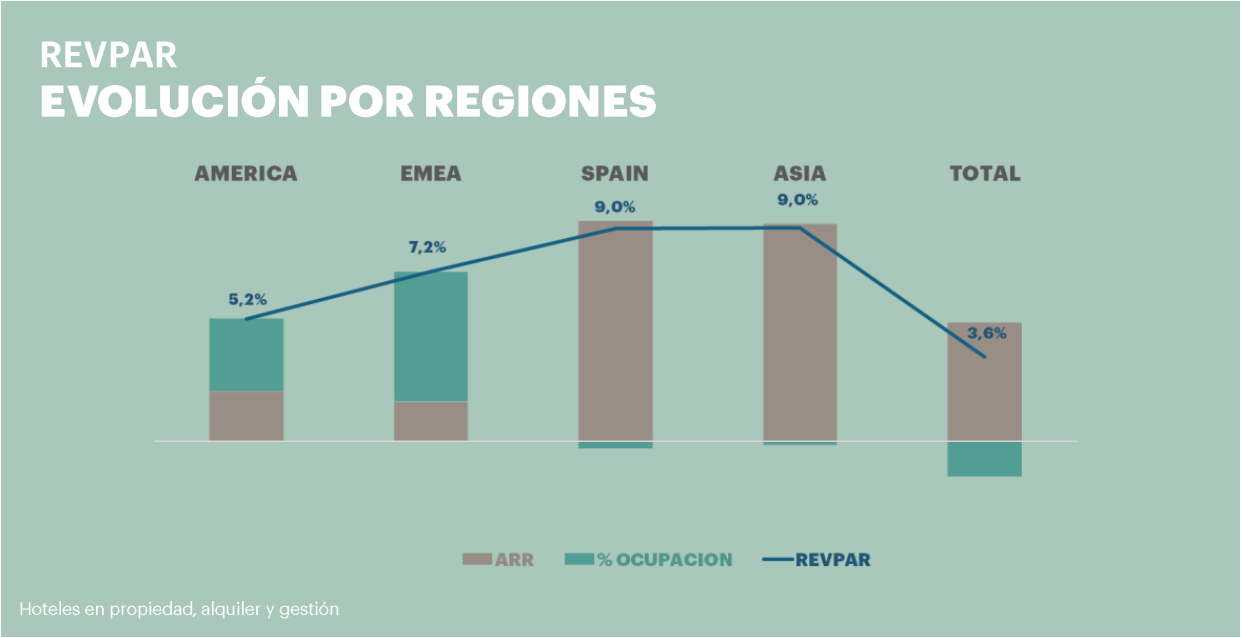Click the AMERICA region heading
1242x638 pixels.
coord(245,173)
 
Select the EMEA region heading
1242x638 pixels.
coord(430,173)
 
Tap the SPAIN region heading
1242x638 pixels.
coord(615,173)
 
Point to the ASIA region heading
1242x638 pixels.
coord(800,173)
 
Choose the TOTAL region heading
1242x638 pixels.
coord(985,173)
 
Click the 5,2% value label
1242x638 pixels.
coord(246,298)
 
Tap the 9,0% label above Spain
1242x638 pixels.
coord(615,207)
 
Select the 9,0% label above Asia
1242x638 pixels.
coord(799,200)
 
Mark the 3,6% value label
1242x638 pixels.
coord(986,333)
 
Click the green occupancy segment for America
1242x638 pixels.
coord(246,354)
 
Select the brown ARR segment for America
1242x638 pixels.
coord(246,415)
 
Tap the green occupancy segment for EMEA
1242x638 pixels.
coord(430,336)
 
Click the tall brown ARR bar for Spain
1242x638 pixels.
coord(615,330)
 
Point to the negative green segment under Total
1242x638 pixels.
coord(984,459)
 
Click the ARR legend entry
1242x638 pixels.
coord(498,560)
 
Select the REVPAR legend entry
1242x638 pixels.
coord(816,560)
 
